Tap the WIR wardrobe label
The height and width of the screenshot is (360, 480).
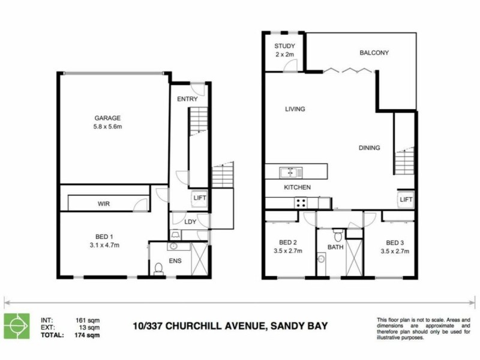pos(104,204)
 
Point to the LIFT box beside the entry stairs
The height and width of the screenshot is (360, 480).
pos(200,197)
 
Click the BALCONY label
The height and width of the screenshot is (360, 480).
pos(374,53)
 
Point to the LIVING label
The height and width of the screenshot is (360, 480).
pos(295,109)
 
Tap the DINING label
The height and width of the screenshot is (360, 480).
pos(369,148)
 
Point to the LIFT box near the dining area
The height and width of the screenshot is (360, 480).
pos(406,199)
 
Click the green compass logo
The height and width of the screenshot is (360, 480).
pos(16,325)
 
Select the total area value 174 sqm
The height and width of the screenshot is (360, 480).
pos(89,335)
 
